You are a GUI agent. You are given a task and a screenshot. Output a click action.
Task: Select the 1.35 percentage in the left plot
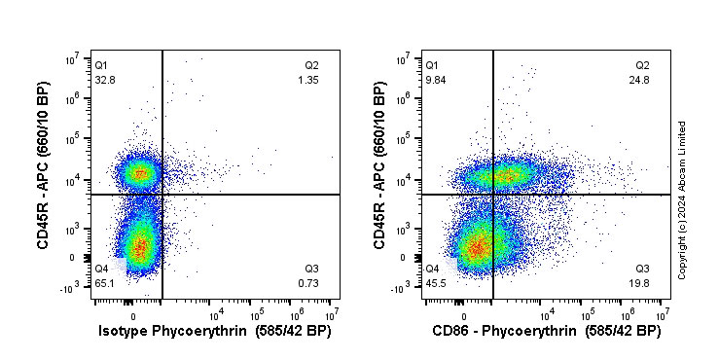click(x=307, y=80)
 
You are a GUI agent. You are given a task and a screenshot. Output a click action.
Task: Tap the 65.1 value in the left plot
click(x=104, y=283)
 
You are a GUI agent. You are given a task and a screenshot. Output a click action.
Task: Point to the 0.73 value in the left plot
click(x=307, y=283)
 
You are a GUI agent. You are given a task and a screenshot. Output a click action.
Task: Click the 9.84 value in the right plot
click(x=435, y=80)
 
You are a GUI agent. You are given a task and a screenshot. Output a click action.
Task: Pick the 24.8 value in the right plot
click(x=639, y=80)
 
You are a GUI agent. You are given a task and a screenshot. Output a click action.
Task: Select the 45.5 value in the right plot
click(x=435, y=283)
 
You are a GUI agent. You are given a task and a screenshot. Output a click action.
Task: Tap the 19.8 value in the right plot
click(x=640, y=283)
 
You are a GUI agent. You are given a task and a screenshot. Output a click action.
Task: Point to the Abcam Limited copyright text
click(x=683, y=199)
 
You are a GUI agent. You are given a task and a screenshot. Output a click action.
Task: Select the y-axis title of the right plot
click(x=377, y=179)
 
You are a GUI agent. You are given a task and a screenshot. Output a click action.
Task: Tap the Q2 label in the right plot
click(x=643, y=65)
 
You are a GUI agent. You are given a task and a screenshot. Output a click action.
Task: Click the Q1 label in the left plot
click(x=101, y=65)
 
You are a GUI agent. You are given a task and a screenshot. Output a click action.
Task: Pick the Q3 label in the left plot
click(x=311, y=269)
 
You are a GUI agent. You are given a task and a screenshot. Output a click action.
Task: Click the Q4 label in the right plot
click(x=432, y=269)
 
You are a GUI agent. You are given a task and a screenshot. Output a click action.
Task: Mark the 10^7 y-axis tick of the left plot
click(x=72, y=59)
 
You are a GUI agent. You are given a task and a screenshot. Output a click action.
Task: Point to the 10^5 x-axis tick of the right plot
click(x=588, y=313)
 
